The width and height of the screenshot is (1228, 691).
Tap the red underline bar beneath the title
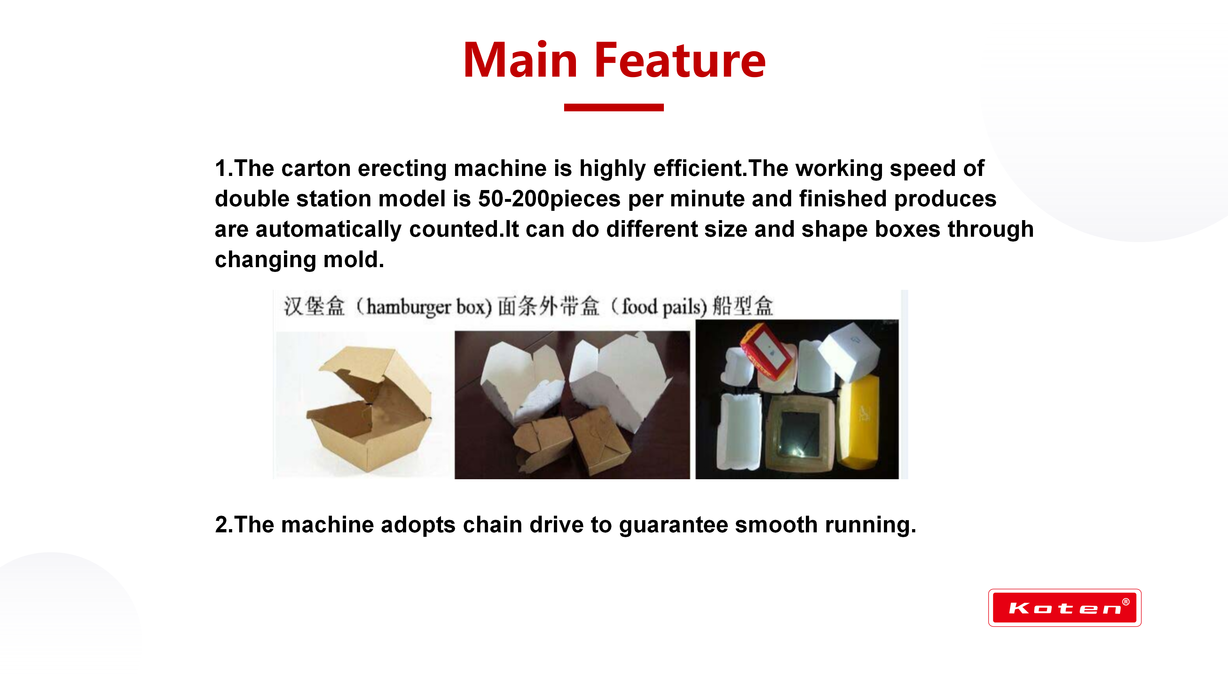tap(614, 107)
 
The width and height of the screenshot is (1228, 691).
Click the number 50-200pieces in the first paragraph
tap(549, 199)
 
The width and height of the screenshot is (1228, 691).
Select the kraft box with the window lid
tap(801, 434)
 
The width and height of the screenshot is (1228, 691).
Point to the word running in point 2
tap(870, 525)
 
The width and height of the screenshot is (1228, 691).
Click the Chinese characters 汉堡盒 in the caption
tap(314, 306)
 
